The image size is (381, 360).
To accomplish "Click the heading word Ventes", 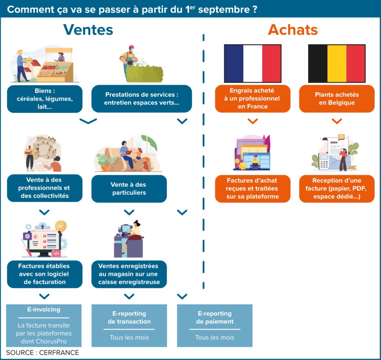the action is click(x=88, y=30).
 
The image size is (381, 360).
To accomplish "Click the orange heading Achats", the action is click(x=293, y=30).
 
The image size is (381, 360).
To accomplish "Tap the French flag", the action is click(x=253, y=63).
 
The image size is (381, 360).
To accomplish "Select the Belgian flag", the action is click(x=337, y=63).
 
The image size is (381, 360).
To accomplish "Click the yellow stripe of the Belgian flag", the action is click(x=337, y=63).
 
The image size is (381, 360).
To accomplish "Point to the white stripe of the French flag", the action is click(x=253, y=63).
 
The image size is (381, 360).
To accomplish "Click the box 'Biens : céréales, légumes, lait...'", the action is click(x=45, y=99).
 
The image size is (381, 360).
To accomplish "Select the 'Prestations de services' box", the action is click(x=142, y=99).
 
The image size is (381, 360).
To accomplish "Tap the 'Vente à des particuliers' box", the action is click(x=129, y=189).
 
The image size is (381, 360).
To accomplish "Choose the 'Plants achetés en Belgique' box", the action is click(x=337, y=99).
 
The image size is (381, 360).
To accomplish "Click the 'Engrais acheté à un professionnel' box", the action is click(x=253, y=99).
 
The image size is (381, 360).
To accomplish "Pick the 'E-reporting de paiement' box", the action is click(x=215, y=325).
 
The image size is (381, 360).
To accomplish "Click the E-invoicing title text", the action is click(x=44, y=309).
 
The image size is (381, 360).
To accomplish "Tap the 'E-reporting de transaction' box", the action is click(x=129, y=325).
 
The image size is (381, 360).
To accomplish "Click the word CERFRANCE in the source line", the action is click(x=59, y=353).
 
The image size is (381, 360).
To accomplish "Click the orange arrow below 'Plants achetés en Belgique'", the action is click(x=337, y=121).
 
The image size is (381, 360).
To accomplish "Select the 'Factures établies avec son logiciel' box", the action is click(x=45, y=274).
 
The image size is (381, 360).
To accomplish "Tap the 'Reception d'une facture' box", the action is click(x=337, y=189).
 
